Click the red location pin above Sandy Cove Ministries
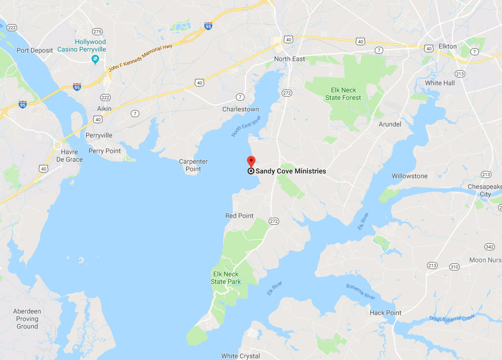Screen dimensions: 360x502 coord(251,161)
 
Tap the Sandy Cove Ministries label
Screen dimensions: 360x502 coord(290,171)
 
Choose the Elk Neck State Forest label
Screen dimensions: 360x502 coord(343,94)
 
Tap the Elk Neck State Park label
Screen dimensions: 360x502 coord(225,278)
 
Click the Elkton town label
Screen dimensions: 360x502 coord(447,46)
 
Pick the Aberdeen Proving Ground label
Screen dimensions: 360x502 coord(27,319)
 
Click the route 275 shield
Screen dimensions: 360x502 coord(98,31)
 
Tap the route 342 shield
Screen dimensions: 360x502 coord(489,246)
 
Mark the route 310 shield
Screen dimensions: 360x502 coord(454,266)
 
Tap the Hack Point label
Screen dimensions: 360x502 coord(385,313)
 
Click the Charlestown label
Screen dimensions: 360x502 coord(240,109)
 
